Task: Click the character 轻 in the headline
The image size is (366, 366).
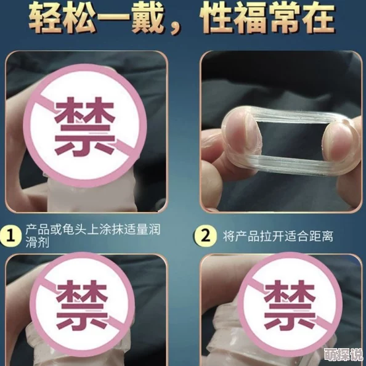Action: (48, 19)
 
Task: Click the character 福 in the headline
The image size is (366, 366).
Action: (259, 19)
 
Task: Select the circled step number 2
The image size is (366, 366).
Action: (204, 235)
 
